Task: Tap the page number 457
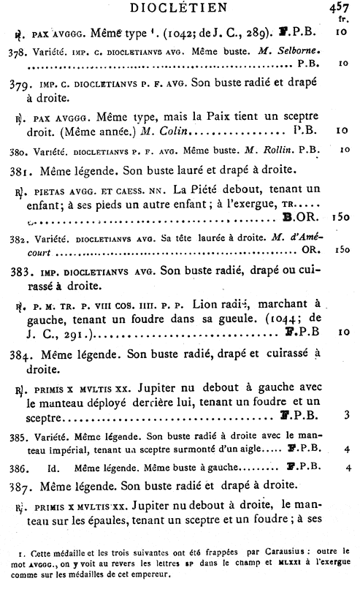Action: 340,8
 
